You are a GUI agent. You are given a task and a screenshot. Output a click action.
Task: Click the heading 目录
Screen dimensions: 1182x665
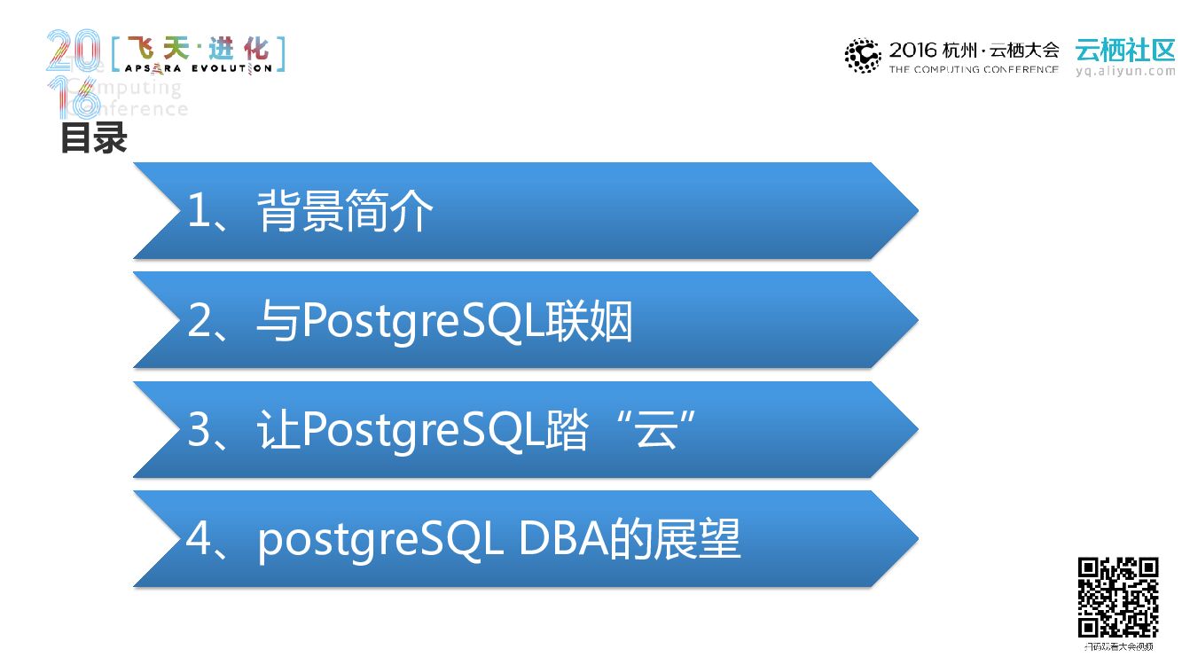pos(94,139)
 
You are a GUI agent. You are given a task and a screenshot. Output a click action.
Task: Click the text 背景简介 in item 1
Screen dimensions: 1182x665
pos(345,213)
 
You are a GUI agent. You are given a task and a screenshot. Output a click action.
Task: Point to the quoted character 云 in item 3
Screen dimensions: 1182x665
pos(656,431)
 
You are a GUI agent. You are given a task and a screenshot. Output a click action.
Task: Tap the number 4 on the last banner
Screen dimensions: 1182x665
pos(200,539)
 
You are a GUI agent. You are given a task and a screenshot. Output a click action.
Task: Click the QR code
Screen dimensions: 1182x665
pos(1118,597)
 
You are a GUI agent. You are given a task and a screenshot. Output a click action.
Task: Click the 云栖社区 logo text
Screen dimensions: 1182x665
pos(1124,50)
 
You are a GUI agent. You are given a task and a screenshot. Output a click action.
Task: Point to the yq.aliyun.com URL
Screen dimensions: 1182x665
pos(1125,71)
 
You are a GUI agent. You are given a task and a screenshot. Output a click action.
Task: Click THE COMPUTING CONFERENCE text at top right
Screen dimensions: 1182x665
pos(974,69)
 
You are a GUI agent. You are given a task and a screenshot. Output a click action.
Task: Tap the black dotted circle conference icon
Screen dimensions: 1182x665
pos(862,56)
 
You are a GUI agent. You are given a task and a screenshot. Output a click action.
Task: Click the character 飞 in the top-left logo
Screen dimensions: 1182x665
pos(141,48)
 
